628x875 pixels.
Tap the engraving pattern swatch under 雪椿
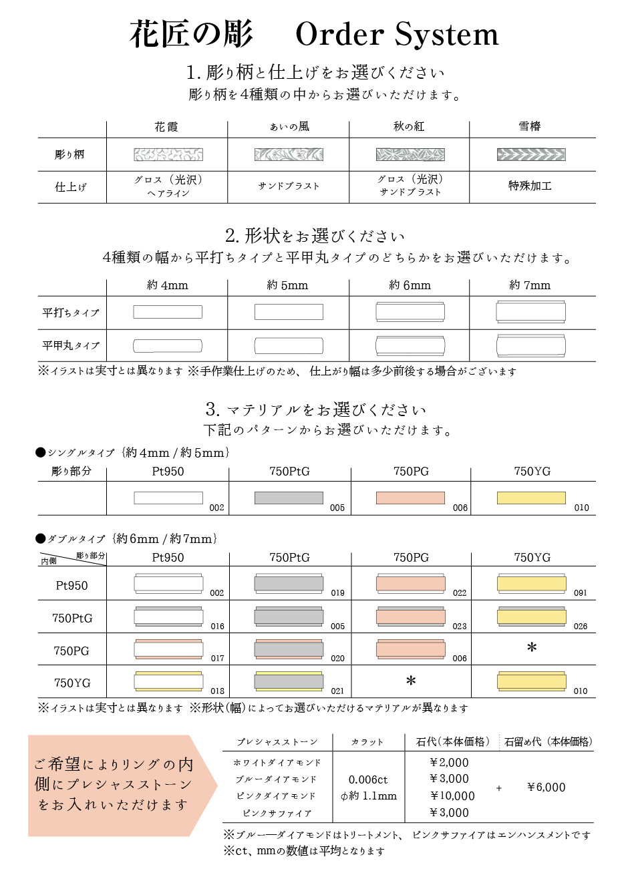point(531,155)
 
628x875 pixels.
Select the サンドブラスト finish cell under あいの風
point(289,186)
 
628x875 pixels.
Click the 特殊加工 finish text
point(530,186)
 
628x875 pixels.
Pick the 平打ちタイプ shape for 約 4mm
point(168,312)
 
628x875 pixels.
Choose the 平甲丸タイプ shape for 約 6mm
point(410,345)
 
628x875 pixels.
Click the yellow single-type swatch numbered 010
point(531,498)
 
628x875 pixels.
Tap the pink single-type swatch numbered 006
point(410,498)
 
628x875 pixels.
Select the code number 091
point(580,592)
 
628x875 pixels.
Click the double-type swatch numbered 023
point(410,617)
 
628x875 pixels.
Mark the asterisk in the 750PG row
point(532,647)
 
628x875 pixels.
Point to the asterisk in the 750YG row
point(411,681)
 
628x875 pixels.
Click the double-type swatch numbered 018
point(168,681)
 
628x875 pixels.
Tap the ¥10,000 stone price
point(452,796)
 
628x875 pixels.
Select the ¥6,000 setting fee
point(546,787)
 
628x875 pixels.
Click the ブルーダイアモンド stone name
point(276,779)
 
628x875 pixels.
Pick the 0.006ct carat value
point(368,779)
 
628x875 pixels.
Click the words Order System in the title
point(397,35)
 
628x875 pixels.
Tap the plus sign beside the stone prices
point(499,788)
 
